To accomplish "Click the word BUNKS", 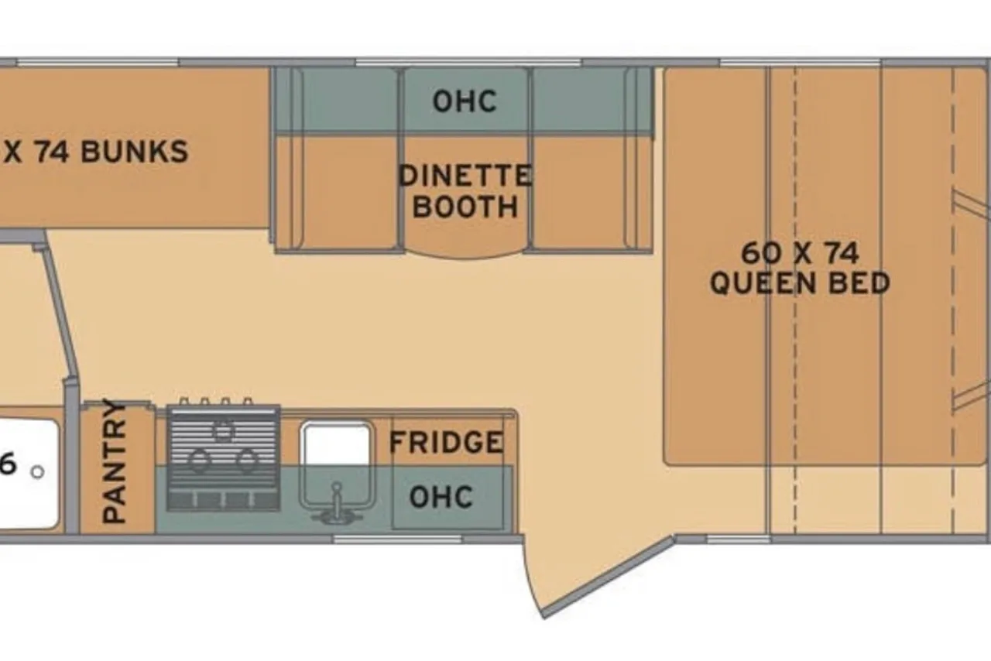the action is coord(135,152).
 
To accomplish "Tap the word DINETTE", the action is coord(465,175).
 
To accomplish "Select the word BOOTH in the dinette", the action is coord(465,207).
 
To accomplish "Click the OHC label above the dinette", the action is coord(465,101).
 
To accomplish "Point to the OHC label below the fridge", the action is coord(441,496).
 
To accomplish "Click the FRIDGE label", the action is coord(447,441).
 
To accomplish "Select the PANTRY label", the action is coord(114,461).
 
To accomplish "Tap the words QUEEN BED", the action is coord(800,283).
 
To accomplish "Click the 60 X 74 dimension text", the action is coord(800,253).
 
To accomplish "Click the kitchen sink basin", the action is coord(336,464).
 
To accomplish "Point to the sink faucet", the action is coord(337,505).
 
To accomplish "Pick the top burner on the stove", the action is coord(223,431).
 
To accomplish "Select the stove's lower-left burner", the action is coord(200,461).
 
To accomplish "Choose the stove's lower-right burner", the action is coord(247,461).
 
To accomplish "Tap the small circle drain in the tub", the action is coord(38,472).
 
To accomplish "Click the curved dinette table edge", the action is coord(465,255).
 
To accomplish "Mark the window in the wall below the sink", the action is coord(397,539).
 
